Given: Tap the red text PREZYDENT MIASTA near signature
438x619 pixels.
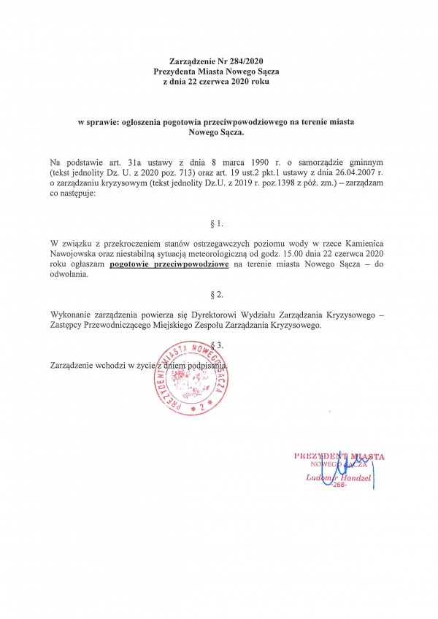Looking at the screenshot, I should tap(339, 456).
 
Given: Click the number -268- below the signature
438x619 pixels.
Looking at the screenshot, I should tap(340, 485).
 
